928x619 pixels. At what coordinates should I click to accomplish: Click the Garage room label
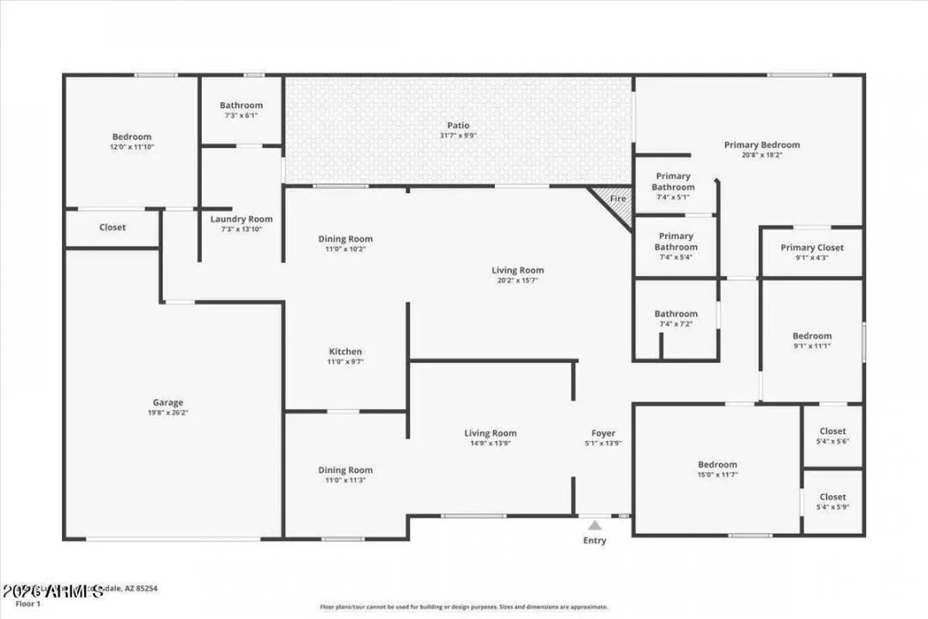click(168, 402)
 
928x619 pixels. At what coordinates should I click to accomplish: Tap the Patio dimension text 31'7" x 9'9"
click(457, 135)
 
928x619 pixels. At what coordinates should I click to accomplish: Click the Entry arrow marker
click(595, 524)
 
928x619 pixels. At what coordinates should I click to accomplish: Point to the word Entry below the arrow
click(595, 541)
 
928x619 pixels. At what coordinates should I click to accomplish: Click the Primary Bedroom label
click(761, 145)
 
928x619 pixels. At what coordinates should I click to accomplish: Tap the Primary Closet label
click(812, 248)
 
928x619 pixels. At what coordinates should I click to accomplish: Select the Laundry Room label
click(241, 219)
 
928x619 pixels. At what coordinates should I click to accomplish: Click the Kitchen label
click(345, 352)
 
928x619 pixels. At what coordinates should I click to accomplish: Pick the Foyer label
click(603, 433)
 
